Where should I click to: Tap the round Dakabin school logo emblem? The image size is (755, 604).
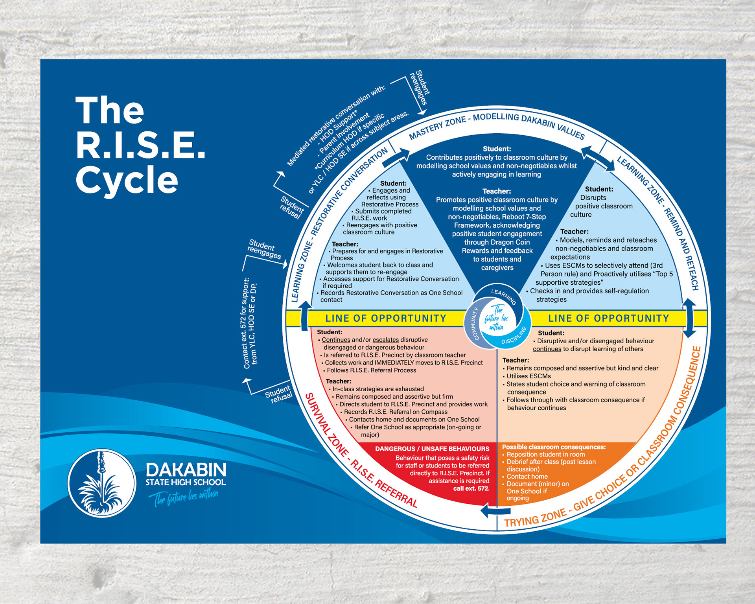(x=102, y=483)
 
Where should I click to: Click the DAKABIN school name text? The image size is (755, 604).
(x=186, y=470)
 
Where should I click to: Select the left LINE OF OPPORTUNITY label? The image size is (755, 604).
(x=385, y=318)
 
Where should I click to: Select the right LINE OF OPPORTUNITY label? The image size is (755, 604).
(x=608, y=318)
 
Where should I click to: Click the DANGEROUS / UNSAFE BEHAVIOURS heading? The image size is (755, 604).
(x=432, y=449)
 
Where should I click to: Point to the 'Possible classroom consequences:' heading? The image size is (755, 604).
(x=554, y=447)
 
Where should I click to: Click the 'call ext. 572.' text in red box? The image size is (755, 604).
(x=471, y=489)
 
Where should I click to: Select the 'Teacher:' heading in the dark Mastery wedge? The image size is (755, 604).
(x=497, y=192)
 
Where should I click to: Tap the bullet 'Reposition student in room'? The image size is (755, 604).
(x=545, y=455)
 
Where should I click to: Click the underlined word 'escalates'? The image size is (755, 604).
(x=385, y=340)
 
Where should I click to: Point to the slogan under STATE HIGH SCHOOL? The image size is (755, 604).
(x=183, y=497)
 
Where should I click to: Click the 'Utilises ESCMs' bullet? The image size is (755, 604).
(x=528, y=376)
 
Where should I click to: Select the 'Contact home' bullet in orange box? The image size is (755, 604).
(x=527, y=477)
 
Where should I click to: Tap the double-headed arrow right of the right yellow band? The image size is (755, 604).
(x=689, y=318)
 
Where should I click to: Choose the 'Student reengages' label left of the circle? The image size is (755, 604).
(x=264, y=250)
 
